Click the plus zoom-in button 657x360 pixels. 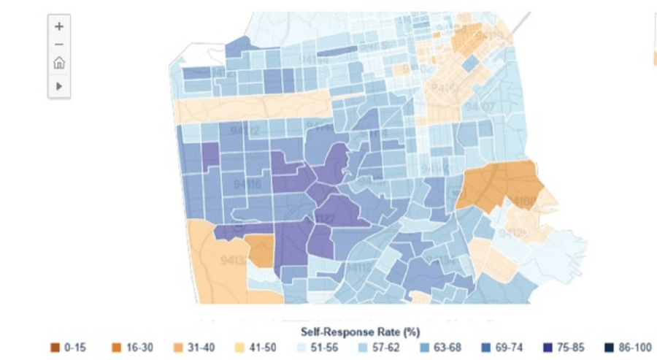click(59, 26)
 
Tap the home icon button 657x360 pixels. click(59, 64)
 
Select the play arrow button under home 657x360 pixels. click(59, 85)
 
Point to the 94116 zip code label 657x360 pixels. click(247, 185)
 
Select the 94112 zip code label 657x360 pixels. click(358, 267)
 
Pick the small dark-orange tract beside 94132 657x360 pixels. click(258, 250)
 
